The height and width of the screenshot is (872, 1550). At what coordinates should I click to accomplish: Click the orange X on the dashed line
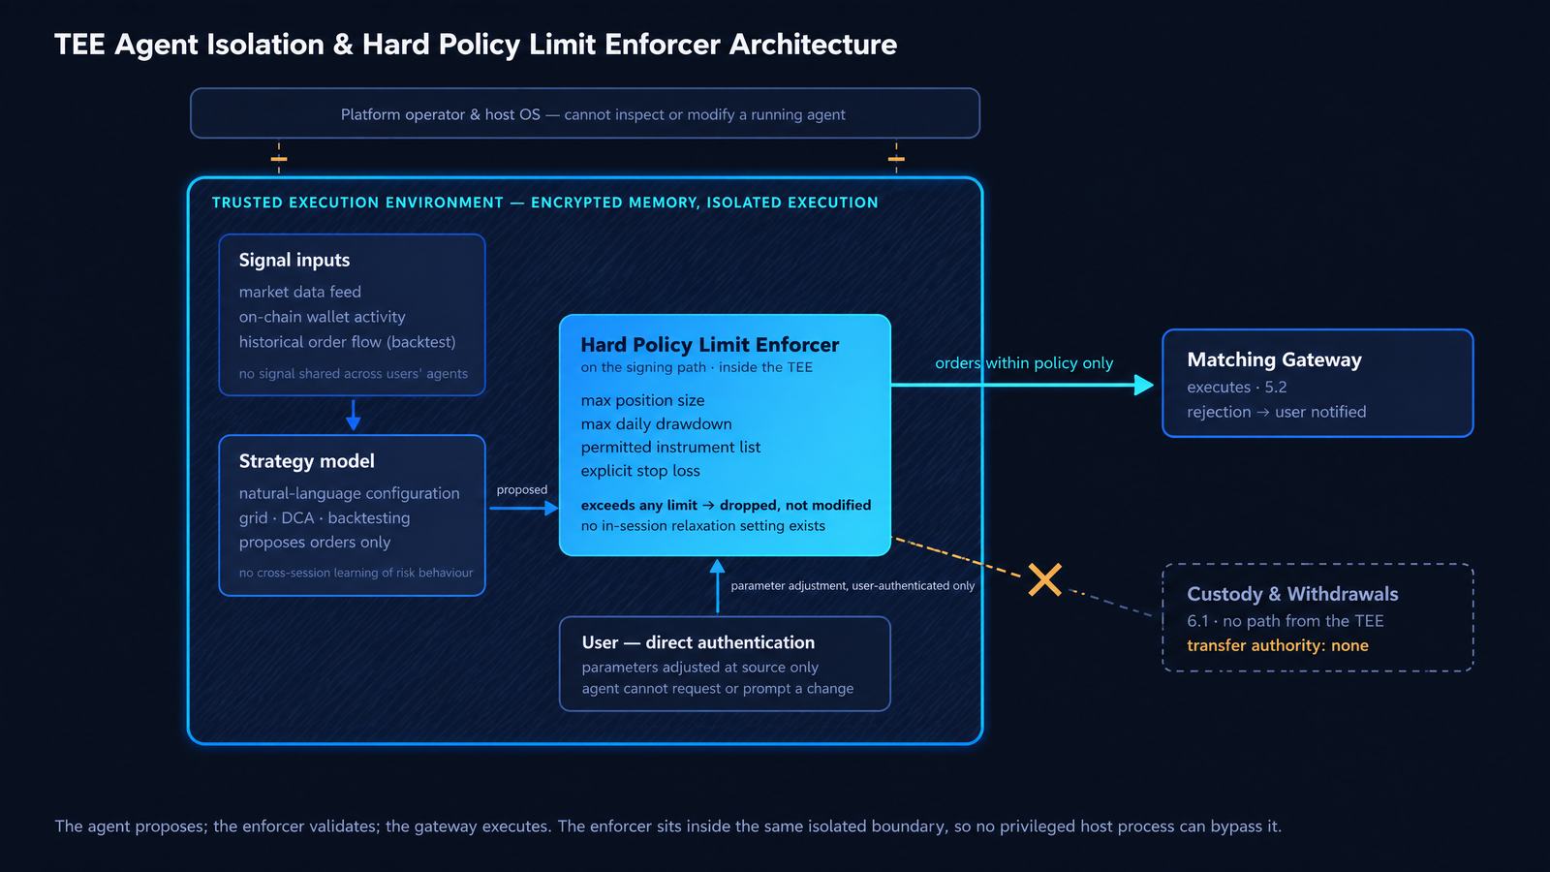click(1045, 580)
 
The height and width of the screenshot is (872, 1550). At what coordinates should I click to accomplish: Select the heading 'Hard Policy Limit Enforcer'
click(709, 345)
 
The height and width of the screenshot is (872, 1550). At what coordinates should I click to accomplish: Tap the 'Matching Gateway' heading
click(1274, 359)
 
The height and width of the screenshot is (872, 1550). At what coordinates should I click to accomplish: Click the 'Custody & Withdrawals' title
click(1292, 594)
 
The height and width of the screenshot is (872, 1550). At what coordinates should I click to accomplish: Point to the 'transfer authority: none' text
click(1278, 645)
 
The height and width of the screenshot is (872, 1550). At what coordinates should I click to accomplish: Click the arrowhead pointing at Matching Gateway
click(1144, 385)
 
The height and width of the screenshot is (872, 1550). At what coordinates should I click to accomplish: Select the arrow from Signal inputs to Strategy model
click(353, 415)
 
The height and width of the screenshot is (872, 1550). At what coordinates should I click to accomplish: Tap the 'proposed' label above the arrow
click(522, 490)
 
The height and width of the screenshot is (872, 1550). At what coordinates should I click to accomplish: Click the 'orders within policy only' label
click(1024, 363)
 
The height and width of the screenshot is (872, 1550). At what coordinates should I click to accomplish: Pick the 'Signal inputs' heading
click(294, 261)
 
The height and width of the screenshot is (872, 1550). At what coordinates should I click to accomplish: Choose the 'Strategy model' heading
click(306, 461)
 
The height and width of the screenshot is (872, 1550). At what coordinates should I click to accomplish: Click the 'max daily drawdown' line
click(656, 424)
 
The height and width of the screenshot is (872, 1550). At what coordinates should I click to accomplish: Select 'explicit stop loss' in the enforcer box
click(640, 471)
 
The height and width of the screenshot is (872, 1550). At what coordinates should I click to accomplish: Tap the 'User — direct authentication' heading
click(698, 643)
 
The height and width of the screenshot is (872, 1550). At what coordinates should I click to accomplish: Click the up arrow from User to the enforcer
click(718, 586)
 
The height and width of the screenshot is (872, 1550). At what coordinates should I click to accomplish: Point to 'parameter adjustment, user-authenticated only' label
click(852, 586)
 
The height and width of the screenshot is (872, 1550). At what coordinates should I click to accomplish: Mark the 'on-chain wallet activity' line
click(322, 317)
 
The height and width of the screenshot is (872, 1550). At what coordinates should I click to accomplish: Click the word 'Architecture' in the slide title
click(813, 45)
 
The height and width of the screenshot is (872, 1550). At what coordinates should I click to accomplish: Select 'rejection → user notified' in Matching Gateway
click(1277, 413)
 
